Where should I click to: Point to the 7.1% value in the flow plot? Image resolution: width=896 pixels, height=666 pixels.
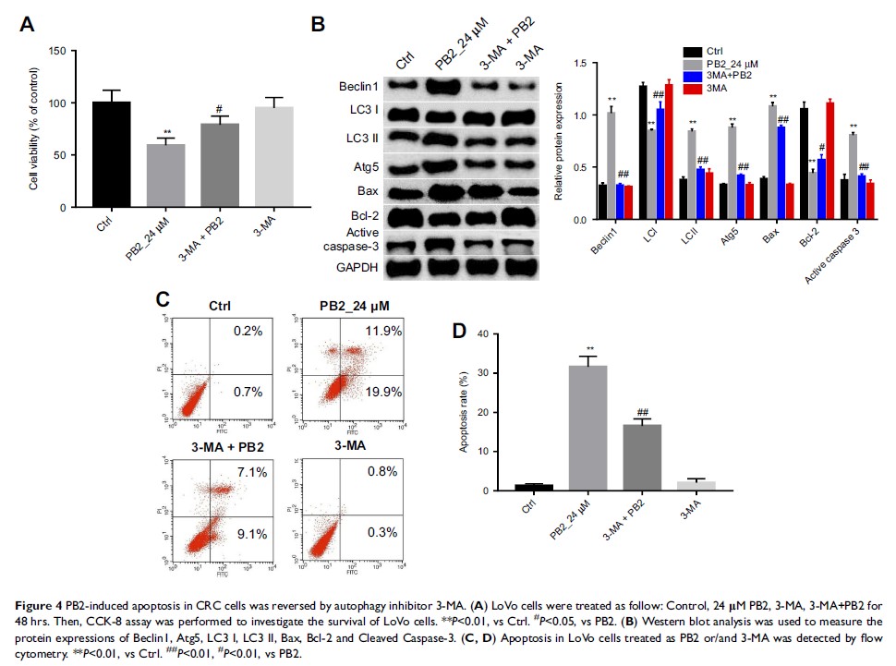(252, 473)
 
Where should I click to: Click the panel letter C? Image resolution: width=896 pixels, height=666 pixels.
(163, 299)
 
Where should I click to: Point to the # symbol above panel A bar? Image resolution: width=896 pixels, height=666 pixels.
(220, 108)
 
